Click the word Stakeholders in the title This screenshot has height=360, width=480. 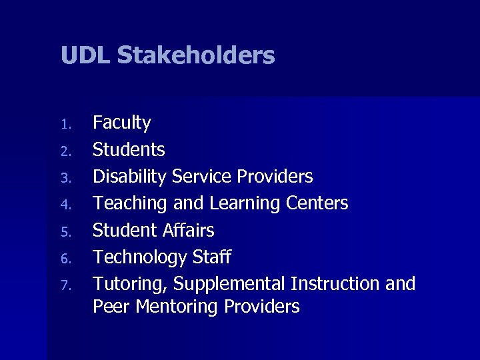[x=196, y=55]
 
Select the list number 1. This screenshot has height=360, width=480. [x=65, y=125]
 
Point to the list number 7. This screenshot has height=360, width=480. [x=65, y=285]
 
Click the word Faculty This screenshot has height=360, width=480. [x=122, y=123]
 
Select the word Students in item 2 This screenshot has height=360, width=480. [x=129, y=150]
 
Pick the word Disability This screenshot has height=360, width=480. [x=129, y=177]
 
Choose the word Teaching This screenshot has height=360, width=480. [x=131, y=203]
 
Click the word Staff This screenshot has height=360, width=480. [x=211, y=257]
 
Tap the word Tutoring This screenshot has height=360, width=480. [x=130, y=284]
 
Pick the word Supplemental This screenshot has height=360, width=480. [x=229, y=284]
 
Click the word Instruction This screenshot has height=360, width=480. [x=335, y=283]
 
